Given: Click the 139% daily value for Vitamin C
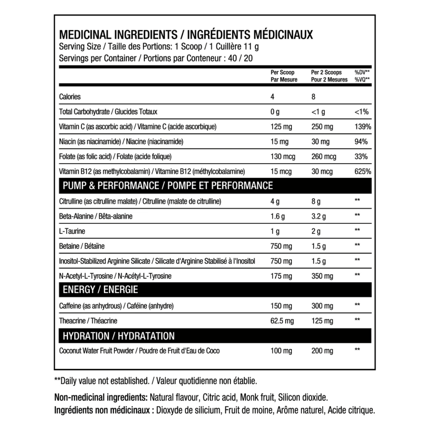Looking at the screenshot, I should tap(363, 127).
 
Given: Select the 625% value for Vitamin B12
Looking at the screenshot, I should tap(363, 172).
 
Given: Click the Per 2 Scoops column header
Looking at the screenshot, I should tap(329, 76).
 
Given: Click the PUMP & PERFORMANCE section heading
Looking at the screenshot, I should tap(168, 186).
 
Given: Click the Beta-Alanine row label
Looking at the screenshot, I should tap(96, 216).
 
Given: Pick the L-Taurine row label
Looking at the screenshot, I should tap(72, 231).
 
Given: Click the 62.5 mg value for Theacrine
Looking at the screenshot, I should tap(282, 321).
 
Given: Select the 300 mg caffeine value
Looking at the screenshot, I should tap(322, 306).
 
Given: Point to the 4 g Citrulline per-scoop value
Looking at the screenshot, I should tap(275, 202).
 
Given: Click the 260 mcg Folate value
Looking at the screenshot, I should tap(324, 157).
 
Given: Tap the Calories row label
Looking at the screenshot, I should tap(70, 97).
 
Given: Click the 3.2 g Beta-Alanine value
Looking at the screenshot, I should tap(319, 216).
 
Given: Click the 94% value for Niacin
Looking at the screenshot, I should tap(361, 142).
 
